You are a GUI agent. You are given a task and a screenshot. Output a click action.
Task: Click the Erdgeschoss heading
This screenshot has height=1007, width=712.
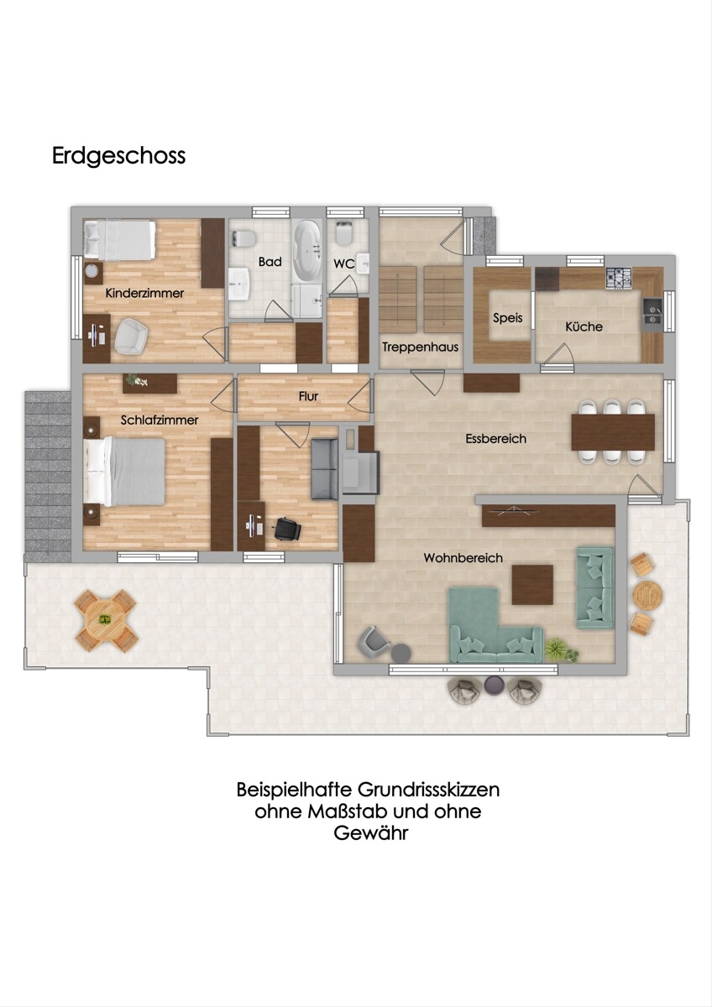pos(118,156)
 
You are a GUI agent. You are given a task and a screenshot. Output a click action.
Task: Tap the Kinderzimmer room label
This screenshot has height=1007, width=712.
pos(144,294)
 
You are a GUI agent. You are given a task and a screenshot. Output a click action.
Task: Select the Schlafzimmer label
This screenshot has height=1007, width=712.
pos(160,420)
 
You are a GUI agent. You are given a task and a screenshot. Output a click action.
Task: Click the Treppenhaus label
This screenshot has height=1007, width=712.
pos(421,347)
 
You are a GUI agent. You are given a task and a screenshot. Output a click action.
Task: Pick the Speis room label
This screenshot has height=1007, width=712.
pos(507,318)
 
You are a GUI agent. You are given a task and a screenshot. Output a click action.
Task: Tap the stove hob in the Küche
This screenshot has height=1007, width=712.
pos(619,278)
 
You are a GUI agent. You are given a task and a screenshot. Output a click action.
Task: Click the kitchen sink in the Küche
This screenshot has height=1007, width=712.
pos(652,311)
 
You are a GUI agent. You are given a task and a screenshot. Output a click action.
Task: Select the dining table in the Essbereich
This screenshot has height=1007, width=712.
pos(613,432)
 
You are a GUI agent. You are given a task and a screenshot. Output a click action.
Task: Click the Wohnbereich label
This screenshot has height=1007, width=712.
pos(463,558)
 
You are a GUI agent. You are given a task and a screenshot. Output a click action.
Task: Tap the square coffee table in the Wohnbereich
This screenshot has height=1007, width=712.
pos(532,585)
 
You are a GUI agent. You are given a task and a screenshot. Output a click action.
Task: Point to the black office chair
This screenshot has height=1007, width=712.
pos(287,529)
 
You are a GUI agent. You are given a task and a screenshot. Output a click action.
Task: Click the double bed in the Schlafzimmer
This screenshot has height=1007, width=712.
pos(124,472)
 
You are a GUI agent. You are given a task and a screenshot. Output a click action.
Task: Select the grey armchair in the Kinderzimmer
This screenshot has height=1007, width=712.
pos(131,336)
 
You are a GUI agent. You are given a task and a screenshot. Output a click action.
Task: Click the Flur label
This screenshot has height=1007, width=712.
pos(308,396)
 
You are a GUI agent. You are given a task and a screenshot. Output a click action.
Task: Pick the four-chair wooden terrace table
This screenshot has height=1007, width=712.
pos(106,620)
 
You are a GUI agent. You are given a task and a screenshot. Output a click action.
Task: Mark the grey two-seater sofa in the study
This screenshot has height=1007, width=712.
pos(324,469)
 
